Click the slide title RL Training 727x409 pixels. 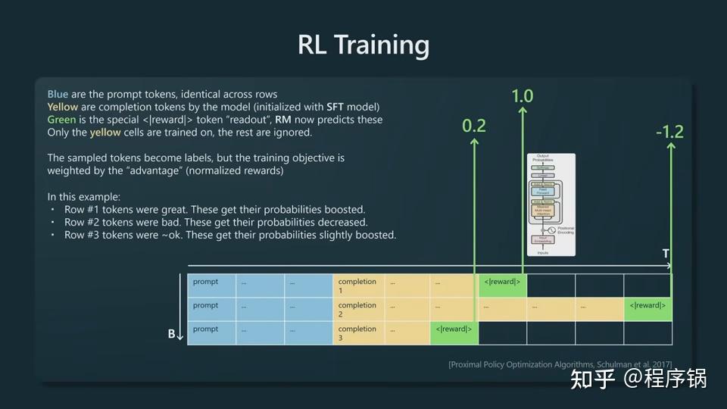tap(363, 45)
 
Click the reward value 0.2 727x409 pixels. tap(474, 125)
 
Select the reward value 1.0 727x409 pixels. tap(523, 96)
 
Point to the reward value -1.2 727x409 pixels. tap(670, 132)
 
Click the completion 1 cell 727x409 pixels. tap(357, 286)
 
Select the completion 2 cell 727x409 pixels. tap(357, 309)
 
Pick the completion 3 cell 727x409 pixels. tap(357, 333)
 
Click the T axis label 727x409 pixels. tap(666, 254)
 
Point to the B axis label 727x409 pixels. tap(172, 333)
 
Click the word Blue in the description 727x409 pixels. tap(58, 94)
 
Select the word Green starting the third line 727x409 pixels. tap(61, 120)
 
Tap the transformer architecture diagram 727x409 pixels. tap(551, 204)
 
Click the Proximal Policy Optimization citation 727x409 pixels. tap(560, 365)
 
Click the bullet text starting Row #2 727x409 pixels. tap(216, 222)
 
